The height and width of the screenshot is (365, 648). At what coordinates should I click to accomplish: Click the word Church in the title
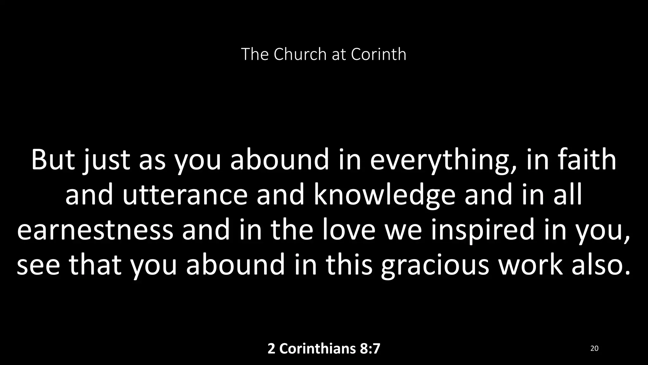(300, 54)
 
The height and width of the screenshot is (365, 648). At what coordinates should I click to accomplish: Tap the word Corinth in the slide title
(378, 54)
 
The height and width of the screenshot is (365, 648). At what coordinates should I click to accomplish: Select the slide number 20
(594, 349)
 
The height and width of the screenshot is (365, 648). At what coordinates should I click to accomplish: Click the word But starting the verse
(53, 160)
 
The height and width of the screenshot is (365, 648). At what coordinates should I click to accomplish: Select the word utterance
(185, 195)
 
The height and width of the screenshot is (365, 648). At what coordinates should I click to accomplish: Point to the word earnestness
(95, 230)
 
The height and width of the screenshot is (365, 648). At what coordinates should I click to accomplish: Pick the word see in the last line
(38, 265)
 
